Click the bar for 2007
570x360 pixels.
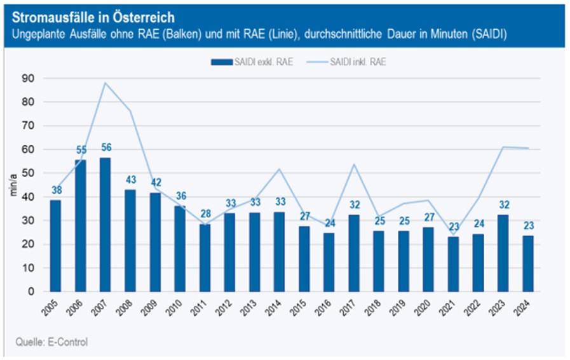(105, 225)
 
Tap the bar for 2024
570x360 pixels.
(527, 263)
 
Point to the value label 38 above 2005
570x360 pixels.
(56, 190)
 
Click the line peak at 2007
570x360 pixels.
(105, 83)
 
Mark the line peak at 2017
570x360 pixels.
(353, 164)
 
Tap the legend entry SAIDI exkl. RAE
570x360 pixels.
(251, 62)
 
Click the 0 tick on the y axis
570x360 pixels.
(31, 291)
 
